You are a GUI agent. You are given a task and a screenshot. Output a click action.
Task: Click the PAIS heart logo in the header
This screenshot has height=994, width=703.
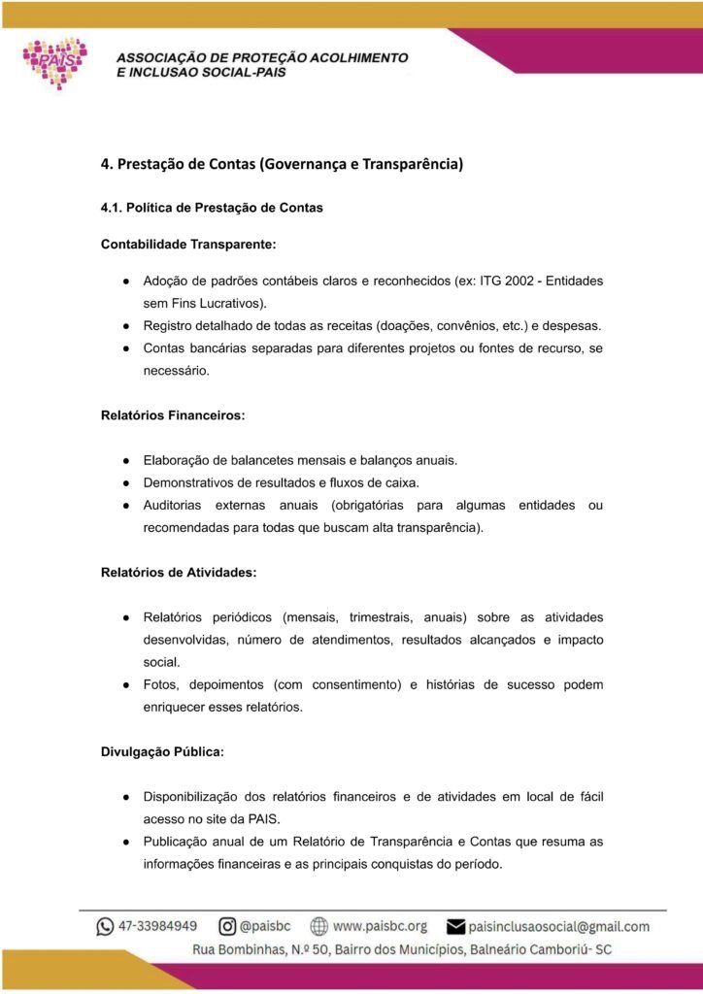coord(55,62)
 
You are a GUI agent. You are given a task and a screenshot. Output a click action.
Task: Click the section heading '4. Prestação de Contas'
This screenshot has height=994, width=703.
coord(282,163)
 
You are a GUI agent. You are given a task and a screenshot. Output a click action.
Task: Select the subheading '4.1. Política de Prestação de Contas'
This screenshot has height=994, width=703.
coord(212,208)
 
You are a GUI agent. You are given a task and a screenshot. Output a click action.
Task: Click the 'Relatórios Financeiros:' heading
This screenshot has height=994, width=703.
coord(173,415)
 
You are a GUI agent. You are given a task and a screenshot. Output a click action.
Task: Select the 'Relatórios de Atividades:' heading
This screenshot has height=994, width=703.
coord(179,572)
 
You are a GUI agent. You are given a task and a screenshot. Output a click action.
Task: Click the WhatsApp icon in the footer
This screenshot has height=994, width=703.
coord(105,927)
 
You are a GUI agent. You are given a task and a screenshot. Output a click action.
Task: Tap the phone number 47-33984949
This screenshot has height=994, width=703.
coord(158,926)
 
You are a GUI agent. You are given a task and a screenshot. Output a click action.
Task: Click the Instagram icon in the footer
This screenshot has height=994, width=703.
coord(227,926)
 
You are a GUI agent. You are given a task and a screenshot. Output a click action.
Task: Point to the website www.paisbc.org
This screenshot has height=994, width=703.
coord(380,926)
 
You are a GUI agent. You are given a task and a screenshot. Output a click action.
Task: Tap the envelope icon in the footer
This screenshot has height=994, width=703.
coord(454,927)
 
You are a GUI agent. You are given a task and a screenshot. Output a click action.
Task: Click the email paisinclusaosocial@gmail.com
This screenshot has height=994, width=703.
coord(558,927)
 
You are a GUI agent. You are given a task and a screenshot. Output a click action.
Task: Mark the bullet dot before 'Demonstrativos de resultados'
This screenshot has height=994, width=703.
coord(126,482)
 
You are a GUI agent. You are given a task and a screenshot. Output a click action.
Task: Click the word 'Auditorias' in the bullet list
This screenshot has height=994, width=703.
coord(172,505)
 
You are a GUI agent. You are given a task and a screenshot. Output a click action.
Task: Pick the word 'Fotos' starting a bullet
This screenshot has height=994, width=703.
coord(159,684)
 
